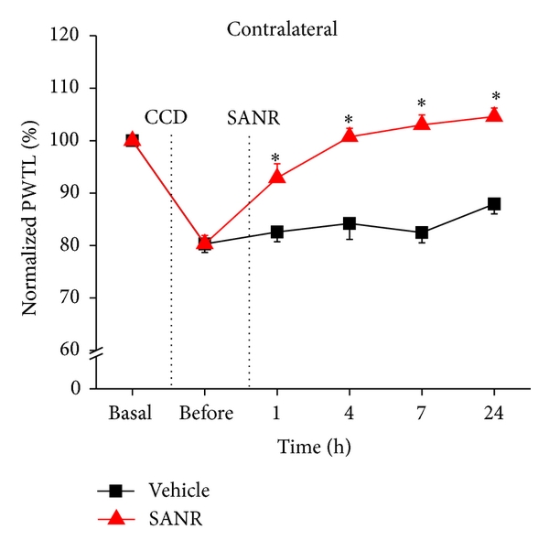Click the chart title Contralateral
tap(282, 29)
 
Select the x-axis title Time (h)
tap(313, 448)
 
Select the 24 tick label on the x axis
tap(493, 414)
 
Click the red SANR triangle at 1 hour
tap(277, 176)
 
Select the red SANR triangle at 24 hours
tap(494, 115)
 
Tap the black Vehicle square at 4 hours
tap(350, 223)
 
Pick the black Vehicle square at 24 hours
tap(494, 204)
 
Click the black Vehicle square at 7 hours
tap(422, 233)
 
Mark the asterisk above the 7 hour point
tap(422, 103)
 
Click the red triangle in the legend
tap(115, 519)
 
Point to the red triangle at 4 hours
tap(350, 135)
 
